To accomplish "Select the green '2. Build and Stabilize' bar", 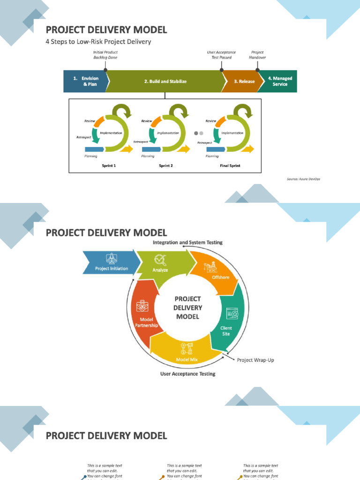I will coord(165,82).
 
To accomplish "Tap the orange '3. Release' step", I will coord(244,82).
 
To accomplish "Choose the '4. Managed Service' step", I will coord(280,81).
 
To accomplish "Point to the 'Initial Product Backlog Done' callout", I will coord(105,55).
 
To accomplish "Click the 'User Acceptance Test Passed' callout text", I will coord(221,55).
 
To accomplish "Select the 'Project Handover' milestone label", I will coord(257,55).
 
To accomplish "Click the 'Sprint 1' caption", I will coord(109,165).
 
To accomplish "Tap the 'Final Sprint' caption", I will coord(230,165).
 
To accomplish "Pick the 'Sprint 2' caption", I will coord(165,165).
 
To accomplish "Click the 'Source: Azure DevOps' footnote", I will coord(303,179).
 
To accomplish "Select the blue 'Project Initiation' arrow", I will coord(112,269).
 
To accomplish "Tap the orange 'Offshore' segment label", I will coord(221,277).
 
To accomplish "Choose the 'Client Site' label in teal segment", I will coord(226,331).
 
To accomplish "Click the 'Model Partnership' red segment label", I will coord(146,322).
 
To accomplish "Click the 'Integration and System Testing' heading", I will coord(187,242).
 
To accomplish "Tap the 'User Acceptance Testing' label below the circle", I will coord(187,374).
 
